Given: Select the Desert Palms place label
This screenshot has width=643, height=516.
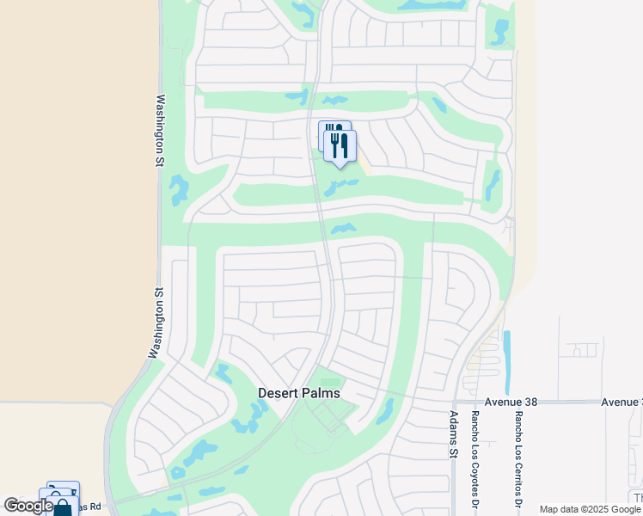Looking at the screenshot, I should click(x=299, y=393).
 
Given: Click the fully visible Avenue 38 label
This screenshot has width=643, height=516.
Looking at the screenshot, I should click(x=486, y=402).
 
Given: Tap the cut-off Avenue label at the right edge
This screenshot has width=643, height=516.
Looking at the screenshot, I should click(x=622, y=402).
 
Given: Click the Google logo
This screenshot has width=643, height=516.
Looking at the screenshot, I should click(x=28, y=506).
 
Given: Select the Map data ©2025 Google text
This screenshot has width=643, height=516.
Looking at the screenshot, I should click(x=589, y=509).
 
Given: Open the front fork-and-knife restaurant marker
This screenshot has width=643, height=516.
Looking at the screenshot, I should click(x=340, y=146).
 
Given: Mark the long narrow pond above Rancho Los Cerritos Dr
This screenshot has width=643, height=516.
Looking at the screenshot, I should click(x=505, y=360).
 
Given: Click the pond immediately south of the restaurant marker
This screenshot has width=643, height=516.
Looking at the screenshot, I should click(x=340, y=186).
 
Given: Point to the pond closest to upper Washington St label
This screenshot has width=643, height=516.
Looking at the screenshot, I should click(x=179, y=190).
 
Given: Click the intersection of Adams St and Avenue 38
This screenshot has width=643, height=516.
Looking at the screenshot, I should click(x=454, y=402).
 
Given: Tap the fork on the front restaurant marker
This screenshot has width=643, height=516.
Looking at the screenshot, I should click(x=335, y=144).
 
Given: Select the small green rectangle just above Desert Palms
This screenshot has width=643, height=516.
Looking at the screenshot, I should click(x=330, y=383).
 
